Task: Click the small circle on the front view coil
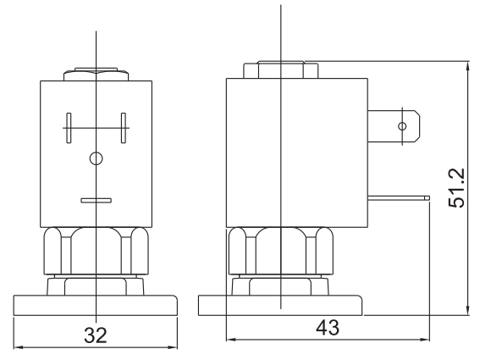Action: tap(96, 158)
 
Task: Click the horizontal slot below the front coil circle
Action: tap(96, 201)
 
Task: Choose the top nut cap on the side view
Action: tap(279, 70)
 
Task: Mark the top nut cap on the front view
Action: tap(96, 75)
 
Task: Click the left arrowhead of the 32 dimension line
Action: tap(18, 346)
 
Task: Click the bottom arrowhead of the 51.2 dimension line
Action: tap(467, 310)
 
